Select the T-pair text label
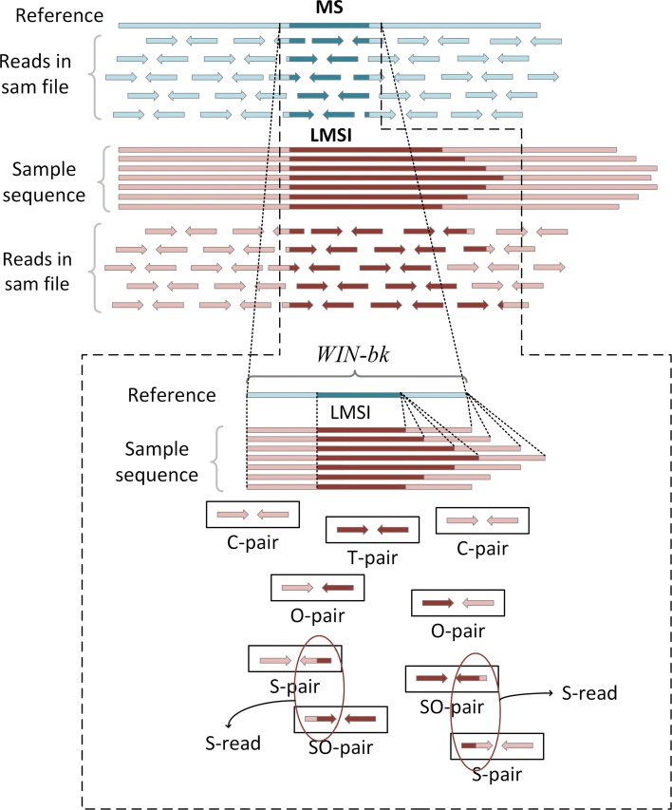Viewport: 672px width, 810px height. tap(366, 557)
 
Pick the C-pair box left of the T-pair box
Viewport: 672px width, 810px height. tap(252, 516)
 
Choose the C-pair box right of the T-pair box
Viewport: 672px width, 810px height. tap(482, 520)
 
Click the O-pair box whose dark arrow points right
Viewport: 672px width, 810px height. tap(458, 603)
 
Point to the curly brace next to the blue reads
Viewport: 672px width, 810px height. tap(97, 78)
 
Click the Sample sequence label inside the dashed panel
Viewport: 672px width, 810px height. tap(164, 461)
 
